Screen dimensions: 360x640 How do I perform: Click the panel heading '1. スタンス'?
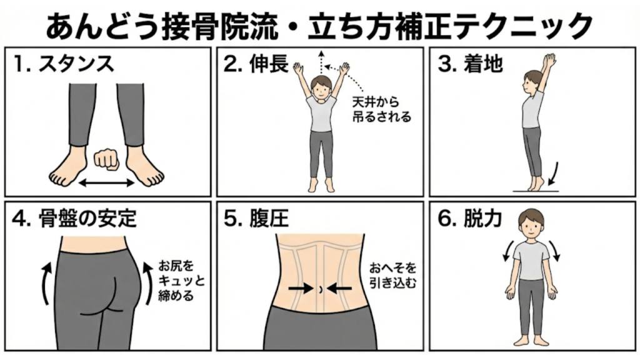click(x=63, y=64)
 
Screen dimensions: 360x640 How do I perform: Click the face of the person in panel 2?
click(x=321, y=88)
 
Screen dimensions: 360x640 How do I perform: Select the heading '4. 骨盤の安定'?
click(x=74, y=219)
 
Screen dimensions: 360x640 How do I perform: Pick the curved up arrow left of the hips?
click(x=46, y=282)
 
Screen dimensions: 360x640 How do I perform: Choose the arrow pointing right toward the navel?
click(x=300, y=288)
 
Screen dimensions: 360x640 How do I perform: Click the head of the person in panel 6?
click(x=531, y=221)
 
